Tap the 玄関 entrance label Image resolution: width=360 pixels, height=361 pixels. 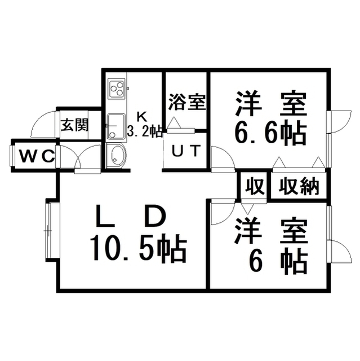[x=74, y=125]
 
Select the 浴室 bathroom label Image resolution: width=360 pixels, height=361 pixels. [x=186, y=102]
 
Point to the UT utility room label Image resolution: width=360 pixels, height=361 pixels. [x=186, y=151]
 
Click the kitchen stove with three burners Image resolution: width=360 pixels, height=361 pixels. [x=117, y=89]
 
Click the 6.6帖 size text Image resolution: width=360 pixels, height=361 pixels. [x=270, y=134]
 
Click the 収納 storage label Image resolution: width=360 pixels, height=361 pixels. [x=299, y=187]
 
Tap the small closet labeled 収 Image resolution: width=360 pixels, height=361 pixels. [x=254, y=187]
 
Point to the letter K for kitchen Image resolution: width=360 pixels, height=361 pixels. [x=141, y=117]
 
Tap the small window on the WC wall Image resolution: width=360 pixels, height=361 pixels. [x=11, y=156]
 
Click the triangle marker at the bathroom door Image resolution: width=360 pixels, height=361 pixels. [x=174, y=122]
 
